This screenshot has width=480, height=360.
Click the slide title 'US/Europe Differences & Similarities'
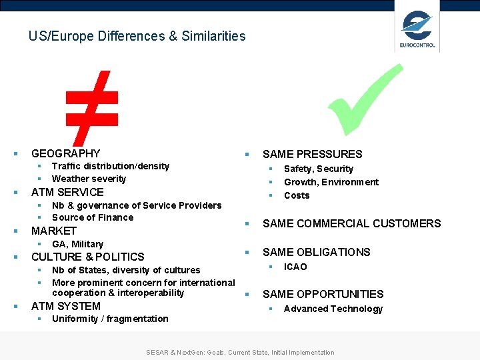pos(137,36)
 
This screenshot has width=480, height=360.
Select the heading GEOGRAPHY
pos(65,153)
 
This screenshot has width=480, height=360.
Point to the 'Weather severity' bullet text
pos(89,179)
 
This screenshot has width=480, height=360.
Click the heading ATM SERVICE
pos(67,192)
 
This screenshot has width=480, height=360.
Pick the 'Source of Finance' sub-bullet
pos(93,217)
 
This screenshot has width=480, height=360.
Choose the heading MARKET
pos(54,231)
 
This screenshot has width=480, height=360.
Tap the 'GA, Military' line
pos(77,244)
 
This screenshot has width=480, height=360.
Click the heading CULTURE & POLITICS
pos(88,257)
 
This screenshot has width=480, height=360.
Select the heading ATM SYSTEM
pos(66,306)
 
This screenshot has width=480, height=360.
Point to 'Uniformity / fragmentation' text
pos(110,319)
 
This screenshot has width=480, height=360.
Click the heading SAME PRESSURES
pos(312,154)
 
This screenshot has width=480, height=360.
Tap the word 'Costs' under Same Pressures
pos(297,195)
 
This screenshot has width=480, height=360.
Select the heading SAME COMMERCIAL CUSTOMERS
pos(351,223)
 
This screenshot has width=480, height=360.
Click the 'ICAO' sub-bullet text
pos(295,267)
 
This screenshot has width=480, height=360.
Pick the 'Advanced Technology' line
pos(333,309)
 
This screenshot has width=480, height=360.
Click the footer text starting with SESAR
pos(240,352)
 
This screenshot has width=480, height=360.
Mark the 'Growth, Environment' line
pos(331,182)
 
